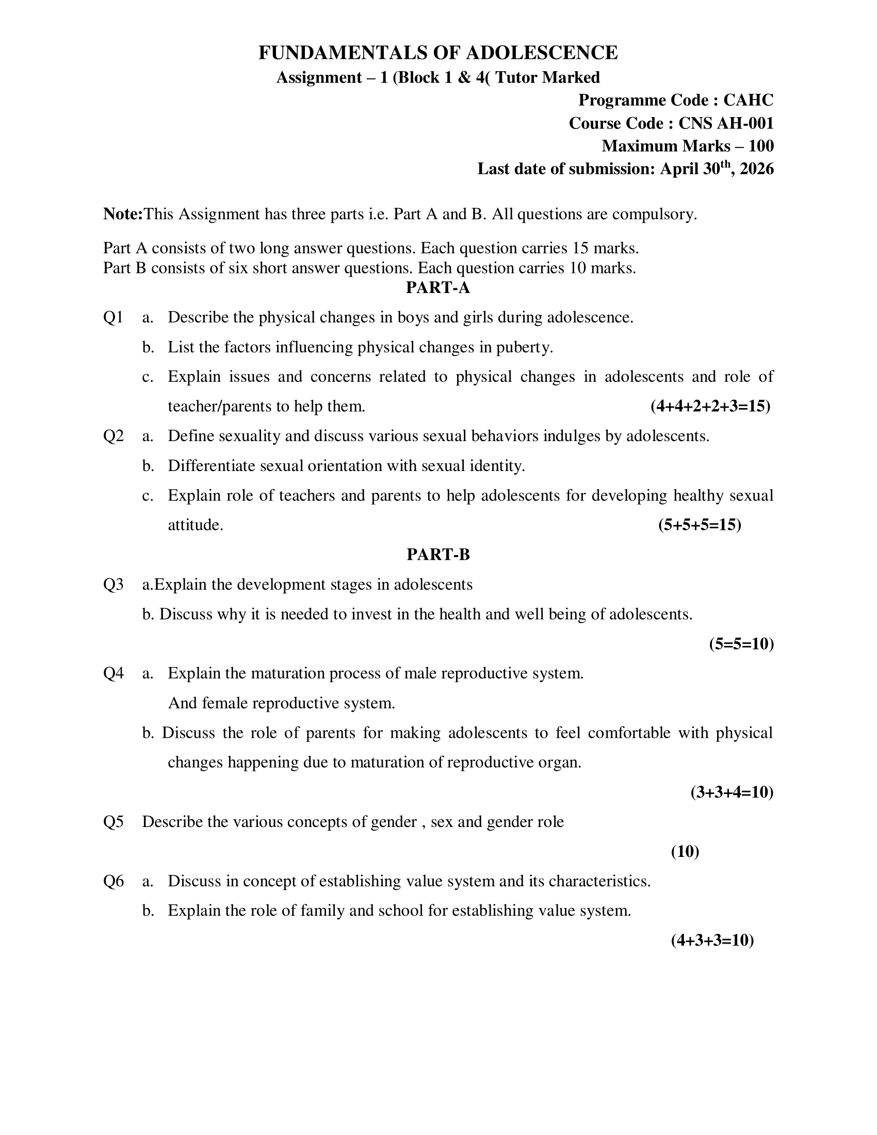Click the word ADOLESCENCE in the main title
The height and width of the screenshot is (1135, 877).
click(x=541, y=53)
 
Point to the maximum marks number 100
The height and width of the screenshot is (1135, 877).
click(x=761, y=146)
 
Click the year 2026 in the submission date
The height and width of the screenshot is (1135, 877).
click(x=757, y=169)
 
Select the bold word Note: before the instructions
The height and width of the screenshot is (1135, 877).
click(x=123, y=214)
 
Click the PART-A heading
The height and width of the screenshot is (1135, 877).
click(x=438, y=288)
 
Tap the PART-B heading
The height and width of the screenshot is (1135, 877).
click(x=438, y=555)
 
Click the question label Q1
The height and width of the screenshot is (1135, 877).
click(x=113, y=317)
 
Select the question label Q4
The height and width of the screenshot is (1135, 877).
click(x=113, y=673)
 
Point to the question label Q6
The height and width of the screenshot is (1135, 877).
click(x=113, y=881)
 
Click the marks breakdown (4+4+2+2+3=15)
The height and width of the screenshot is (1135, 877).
click(x=710, y=407)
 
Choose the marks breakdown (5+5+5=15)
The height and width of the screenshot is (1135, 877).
click(x=700, y=525)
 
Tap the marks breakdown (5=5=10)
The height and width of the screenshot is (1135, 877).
click(x=741, y=644)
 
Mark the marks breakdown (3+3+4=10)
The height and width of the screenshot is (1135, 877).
click(x=732, y=792)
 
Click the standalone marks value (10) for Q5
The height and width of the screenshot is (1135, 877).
click(x=685, y=852)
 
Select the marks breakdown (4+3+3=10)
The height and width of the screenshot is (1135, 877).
click(x=712, y=941)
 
